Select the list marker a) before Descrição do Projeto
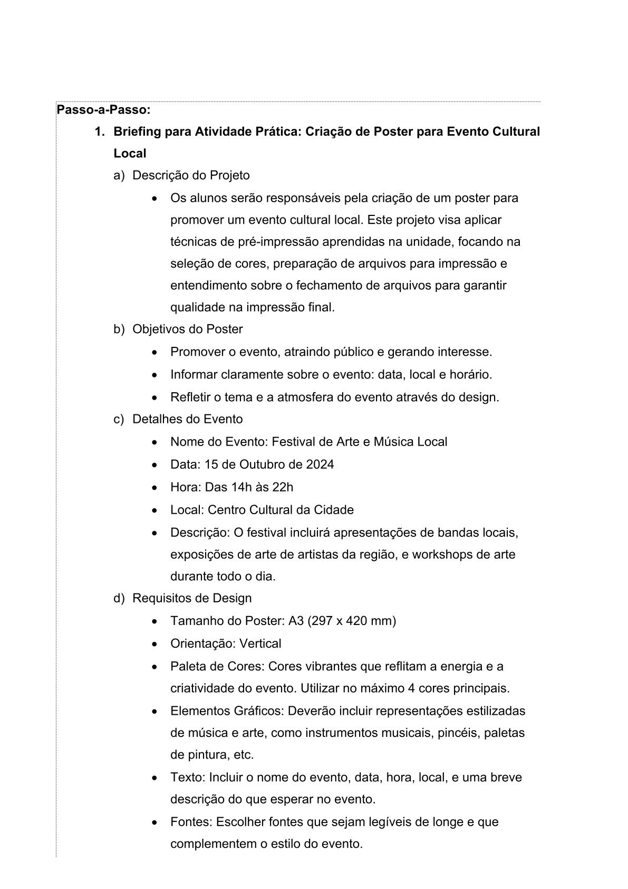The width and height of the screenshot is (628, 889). point(119,175)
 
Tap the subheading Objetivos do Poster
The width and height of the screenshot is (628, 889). point(187,329)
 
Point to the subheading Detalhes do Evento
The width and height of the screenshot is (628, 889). point(187,419)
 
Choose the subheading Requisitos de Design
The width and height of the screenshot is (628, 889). point(192,598)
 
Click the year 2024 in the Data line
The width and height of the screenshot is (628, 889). point(320,465)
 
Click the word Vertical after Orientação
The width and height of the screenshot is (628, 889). point(260,644)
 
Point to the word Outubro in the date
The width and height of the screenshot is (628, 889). point(262,465)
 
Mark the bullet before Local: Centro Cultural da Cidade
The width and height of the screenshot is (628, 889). point(154,510)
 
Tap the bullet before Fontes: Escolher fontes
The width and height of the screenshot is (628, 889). point(154,822)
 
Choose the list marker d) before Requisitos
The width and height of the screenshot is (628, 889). point(119,598)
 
